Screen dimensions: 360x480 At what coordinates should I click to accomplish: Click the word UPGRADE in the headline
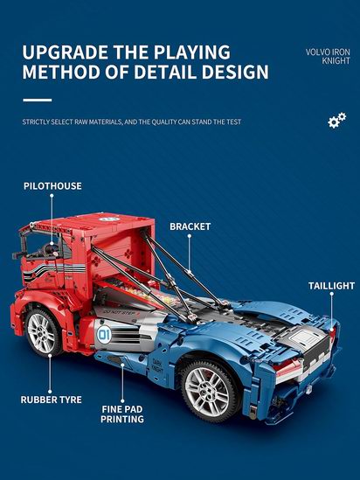(x=66, y=52)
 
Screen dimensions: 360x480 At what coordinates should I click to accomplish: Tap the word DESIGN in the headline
(x=235, y=72)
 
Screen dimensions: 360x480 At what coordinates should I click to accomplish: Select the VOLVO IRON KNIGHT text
(x=328, y=56)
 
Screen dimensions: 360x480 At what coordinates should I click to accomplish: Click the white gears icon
(x=336, y=120)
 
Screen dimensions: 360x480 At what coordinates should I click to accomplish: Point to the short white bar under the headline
(x=38, y=100)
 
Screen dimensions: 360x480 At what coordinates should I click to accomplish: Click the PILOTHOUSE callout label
(x=52, y=186)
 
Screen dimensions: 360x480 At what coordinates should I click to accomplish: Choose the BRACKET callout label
(x=190, y=226)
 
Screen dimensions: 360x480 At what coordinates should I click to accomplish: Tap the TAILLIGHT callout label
(x=331, y=286)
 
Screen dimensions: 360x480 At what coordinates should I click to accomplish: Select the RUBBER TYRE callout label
(x=51, y=400)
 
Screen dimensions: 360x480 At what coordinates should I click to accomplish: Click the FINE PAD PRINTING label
(x=122, y=414)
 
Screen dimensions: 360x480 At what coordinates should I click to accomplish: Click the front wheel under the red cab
(x=43, y=333)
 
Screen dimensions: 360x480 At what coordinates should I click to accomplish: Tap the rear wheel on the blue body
(x=209, y=391)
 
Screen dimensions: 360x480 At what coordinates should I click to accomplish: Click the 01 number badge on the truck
(x=104, y=335)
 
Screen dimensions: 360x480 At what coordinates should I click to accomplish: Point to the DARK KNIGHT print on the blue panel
(x=157, y=366)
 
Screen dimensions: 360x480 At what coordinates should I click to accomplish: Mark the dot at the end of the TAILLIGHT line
(x=331, y=294)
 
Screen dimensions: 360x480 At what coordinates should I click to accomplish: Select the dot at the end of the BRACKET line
(x=190, y=236)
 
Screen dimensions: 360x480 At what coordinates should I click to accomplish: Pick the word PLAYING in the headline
(x=191, y=52)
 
